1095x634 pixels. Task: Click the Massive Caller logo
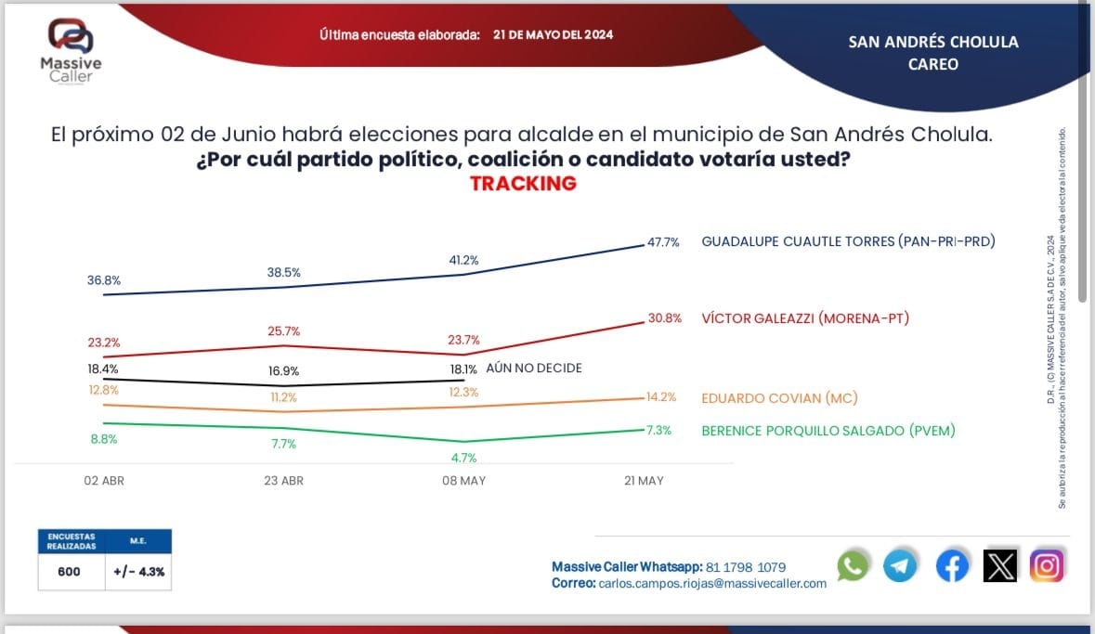71,50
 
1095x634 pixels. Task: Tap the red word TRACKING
523,183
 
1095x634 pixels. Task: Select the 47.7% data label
663,242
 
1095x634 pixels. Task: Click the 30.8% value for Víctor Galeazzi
665,318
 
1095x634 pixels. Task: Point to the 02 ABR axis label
104,481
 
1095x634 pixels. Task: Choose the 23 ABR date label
283,481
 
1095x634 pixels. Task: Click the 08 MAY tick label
463,481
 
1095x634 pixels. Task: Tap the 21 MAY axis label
643,481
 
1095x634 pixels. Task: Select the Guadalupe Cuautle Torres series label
847,241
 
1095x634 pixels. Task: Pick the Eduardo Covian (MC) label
778,398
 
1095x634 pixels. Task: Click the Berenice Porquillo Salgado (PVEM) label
828,430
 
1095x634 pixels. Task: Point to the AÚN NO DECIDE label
533,369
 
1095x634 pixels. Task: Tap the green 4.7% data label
463,458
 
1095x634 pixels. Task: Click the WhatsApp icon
853,565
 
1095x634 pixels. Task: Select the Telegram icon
900,565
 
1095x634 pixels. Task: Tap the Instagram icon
1047,565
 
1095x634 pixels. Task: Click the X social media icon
999,565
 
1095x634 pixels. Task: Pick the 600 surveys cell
69,572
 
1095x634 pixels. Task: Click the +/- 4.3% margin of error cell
139,572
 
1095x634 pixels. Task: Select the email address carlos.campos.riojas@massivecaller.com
712,583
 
